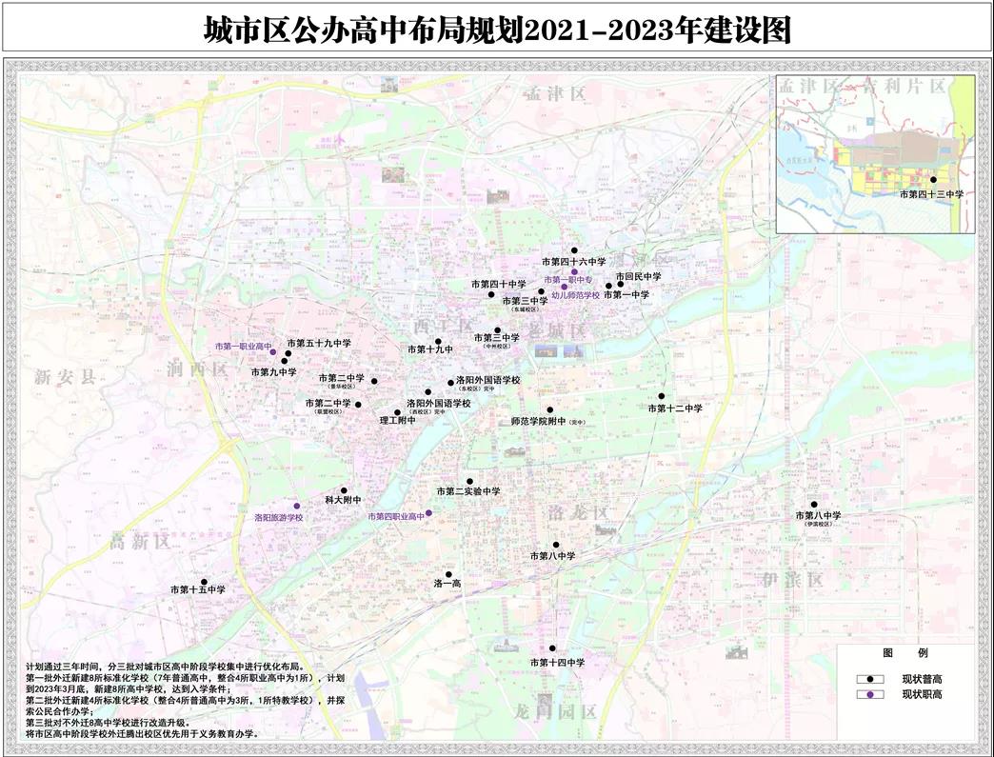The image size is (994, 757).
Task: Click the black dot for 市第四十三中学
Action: pyautogui.click(x=933, y=179)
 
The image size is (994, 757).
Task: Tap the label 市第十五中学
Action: pyautogui.click(x=198, y=590)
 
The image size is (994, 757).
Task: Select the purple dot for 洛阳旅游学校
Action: pyautogui.click(x=296, y=506)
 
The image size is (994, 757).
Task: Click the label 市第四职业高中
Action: pyautogui.click(x=396, y=516)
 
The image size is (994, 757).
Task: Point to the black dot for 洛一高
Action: pyautogui.click(x=448, y=574)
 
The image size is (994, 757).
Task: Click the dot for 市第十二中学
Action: pyautogui.click(x=661, y=396)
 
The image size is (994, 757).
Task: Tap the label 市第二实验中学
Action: pyautogui.click(x=468, y=491)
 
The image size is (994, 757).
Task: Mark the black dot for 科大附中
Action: pyautogui.click(x=344, y=490)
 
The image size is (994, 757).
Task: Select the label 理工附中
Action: pyautogui.click(x=398, y=420)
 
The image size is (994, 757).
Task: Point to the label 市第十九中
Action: pyautogui.click(x=430, y=350)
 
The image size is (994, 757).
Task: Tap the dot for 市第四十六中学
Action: pyautogui.click(x=574, y=250)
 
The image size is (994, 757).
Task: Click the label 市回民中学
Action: pyautogui.click(x=638, y=276)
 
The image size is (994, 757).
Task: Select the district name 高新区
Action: pyautogui.click(x=139, y=542)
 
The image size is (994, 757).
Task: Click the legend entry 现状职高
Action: pyautogui.click(x=923, y=694)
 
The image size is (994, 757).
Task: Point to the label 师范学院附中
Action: pyautogui.click(x=539, y=421)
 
